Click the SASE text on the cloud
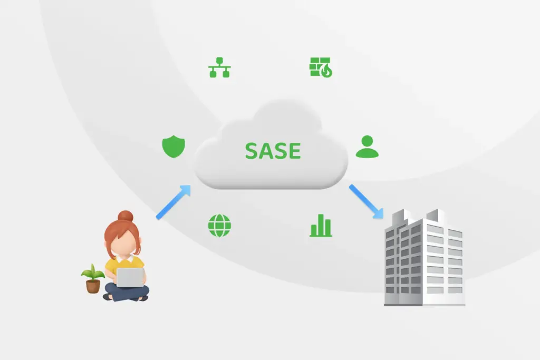[x=273, y=151]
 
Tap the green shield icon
[x=173, y=147]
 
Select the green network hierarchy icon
[x=219, y=67]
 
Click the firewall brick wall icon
[x=321, y=67]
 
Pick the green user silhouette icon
[x=367, y=147]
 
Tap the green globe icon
[x=219, y=226]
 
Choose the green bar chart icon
[x=321, y=226]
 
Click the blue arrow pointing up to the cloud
[x=173, y=202]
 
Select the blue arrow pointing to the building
[x=366, y=202]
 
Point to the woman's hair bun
[x=126, y=216]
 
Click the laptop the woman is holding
[x=130, y=277]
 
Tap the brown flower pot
[x=93, y=286]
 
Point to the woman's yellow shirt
[x=124, y=265]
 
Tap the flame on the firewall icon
[x=326, y=71]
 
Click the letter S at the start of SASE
[x=252, y=151]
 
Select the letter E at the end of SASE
[x=295, y=151]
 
